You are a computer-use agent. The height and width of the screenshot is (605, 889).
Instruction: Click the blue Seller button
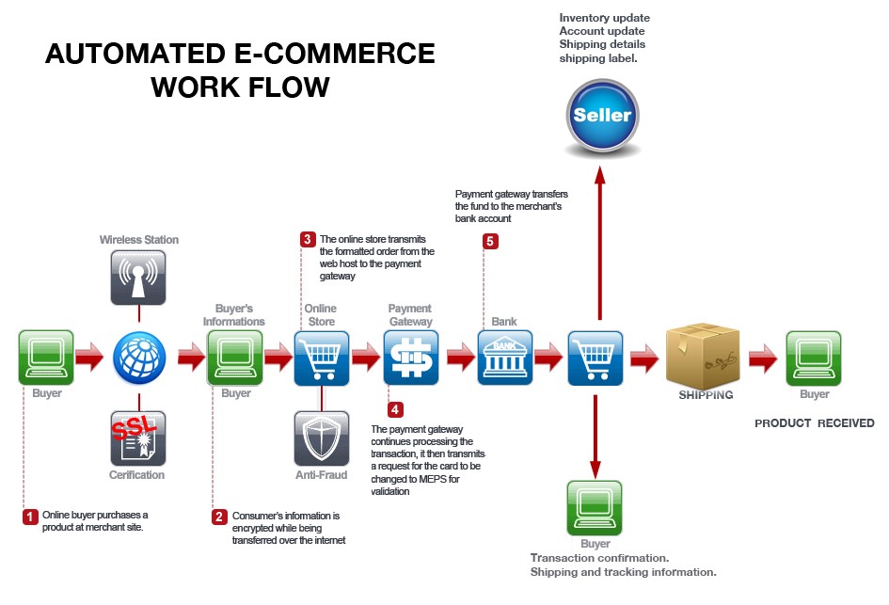[603, 116]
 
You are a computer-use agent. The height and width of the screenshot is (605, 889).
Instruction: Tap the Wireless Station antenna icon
[138, 277]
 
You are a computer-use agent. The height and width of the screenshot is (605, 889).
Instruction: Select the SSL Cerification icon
[138, 438]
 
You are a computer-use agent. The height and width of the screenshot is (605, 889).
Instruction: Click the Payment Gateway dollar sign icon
[411, 358]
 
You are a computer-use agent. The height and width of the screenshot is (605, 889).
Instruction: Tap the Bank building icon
[504, 358]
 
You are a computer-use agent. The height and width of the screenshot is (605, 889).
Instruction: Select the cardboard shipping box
[703, 356]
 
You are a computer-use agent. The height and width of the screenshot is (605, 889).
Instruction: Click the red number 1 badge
[30, 517]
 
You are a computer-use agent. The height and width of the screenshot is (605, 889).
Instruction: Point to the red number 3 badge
[308, 239]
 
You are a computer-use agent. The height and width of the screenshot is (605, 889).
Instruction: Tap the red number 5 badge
[490, 241]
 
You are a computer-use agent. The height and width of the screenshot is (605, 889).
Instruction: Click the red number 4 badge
[395, 409]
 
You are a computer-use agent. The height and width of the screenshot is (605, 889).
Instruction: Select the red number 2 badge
[219, 517]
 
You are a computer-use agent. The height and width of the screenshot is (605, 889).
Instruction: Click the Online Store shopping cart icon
[322, 358]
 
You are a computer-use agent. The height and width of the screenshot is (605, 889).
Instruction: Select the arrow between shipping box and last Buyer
[763, 358]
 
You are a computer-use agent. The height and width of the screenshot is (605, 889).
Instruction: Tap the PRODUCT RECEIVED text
[814, 423]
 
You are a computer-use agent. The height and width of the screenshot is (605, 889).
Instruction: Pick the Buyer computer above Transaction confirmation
[595, 507]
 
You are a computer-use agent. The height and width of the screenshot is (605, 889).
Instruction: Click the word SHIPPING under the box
[706, 395]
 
